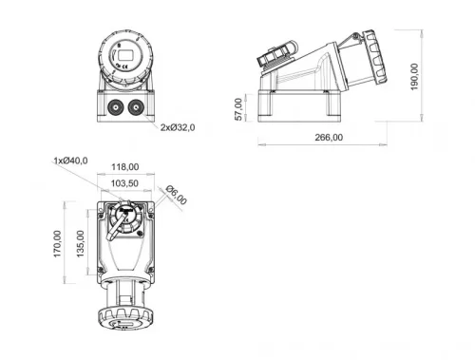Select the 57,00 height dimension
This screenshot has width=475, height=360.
[x=240, y=108]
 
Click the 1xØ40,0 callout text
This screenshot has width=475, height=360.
[x=71, y=161]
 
